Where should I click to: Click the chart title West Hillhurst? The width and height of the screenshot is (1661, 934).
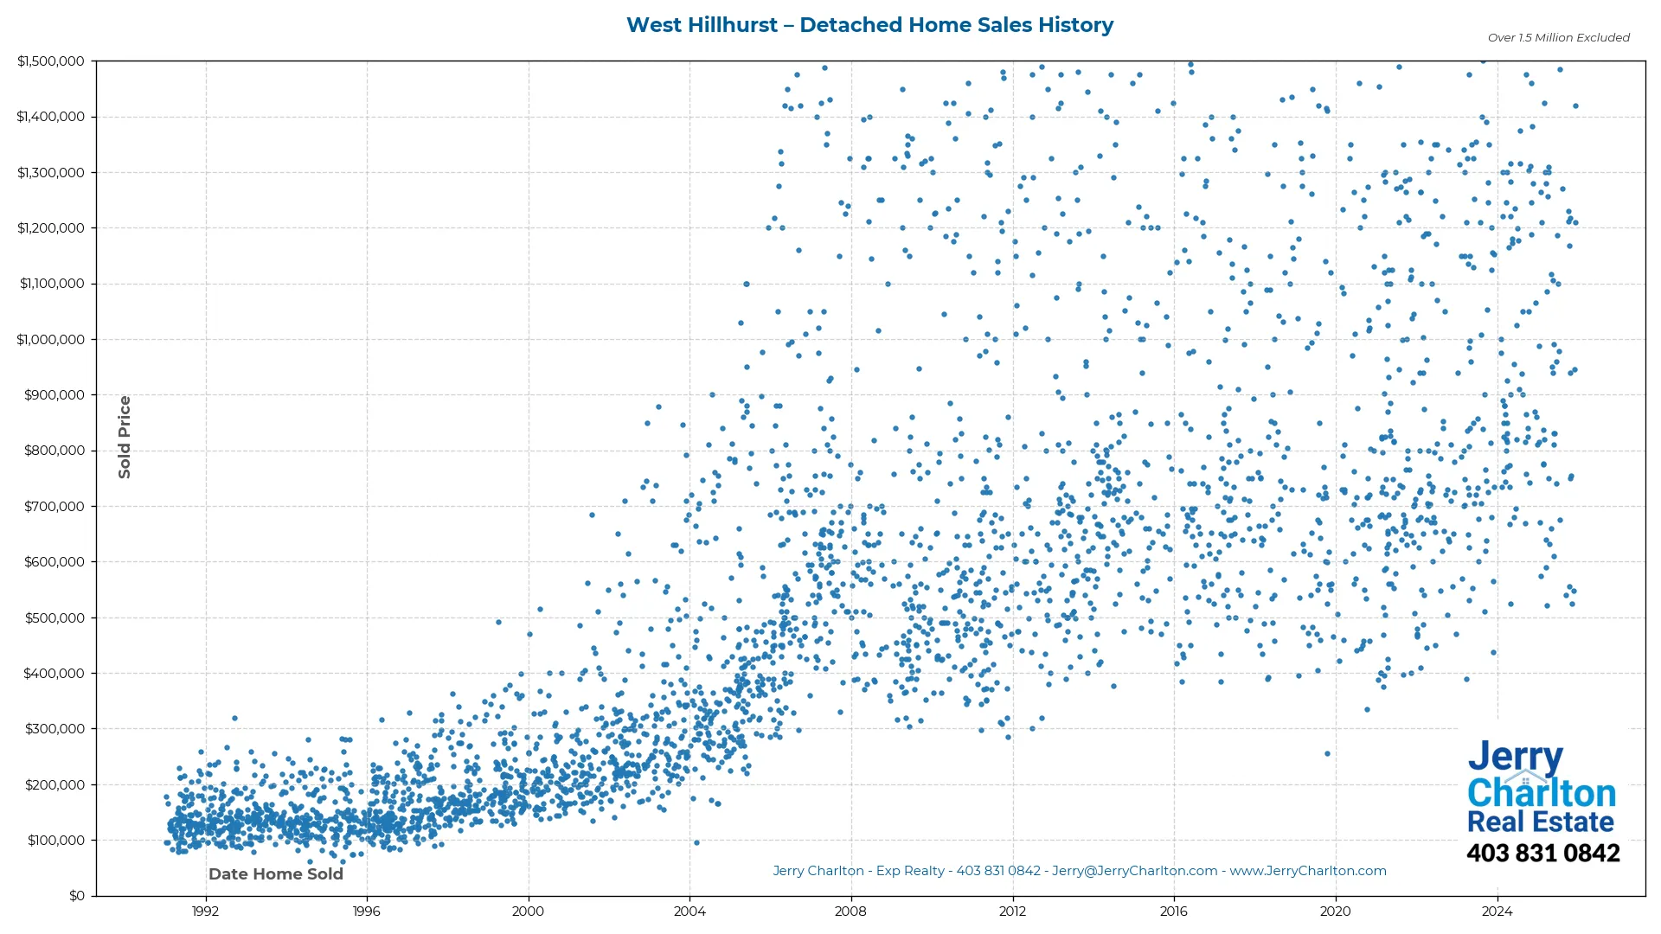pyautogui.click(x=869, y=25)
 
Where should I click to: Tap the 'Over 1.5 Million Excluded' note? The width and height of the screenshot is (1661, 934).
pyautogui.click(x=1558, y=38)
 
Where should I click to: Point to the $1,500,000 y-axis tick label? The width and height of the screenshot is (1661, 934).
pyautogui.click(x=51, y=61)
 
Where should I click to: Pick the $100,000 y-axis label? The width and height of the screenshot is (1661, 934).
pyautogui.click(x=56, y=841)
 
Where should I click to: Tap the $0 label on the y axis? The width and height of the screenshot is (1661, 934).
pyautogui.click(x=77, y=896)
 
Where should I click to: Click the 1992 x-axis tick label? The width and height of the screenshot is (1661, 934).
pyautogui.click(x=205, y=911)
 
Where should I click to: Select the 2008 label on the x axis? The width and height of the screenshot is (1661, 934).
pyautogui.click(x=850, y=911)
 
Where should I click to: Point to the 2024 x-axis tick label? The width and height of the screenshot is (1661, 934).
pyautogui.click(x=1497, y=911)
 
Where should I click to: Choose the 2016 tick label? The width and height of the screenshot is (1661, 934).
pyautogui.click(x=1174, y=911)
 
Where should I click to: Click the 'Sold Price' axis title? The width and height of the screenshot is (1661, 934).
pyautogui.click(x=125, y=437)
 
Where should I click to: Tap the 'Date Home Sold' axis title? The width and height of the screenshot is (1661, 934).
pyautogui.click(x=276, y=874)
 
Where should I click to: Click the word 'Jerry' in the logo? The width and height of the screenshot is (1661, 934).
pyautogui.click(x=1515, y=758)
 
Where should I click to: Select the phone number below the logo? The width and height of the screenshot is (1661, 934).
pyautogui.click(x=1542, y=854)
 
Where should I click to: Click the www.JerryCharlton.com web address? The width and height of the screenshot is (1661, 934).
pyautogui.click(x=1308, y=871)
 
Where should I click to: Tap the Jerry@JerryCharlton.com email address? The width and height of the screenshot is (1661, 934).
pyautogui.click(x=1134, y=871)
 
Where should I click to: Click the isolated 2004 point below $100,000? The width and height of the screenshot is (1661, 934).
pyautogui.click(x=696, y=842)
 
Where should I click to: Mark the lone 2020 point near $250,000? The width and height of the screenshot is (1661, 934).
pyautogui.click(x=1327, y=754)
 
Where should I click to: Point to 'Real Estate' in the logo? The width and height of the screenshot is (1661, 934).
pyautogui.click(x=1540, y=822)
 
